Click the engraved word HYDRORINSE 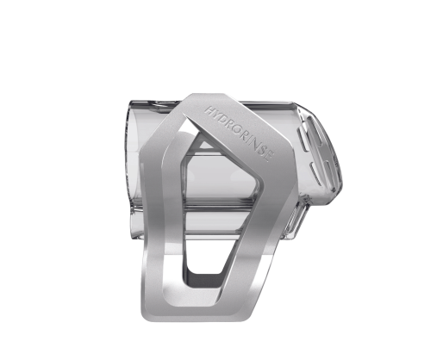(x=239, y=133)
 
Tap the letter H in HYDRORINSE (x=209, y=110)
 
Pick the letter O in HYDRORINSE (x=235, y=128)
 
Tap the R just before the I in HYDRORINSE (x=243, y=134)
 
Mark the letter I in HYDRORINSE (x=248, y=139)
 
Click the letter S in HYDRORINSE (x=262, y=151)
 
